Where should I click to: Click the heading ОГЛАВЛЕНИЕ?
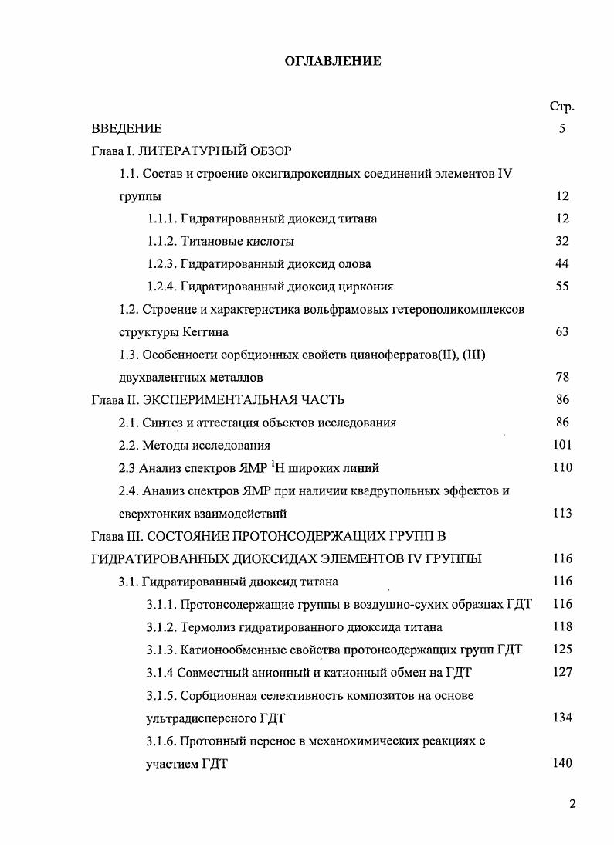334,60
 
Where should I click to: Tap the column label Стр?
561,106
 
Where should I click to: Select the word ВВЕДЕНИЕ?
127,128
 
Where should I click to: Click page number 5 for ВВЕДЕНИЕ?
562,128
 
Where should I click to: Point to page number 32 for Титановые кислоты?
562,241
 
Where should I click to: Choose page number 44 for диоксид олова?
562,263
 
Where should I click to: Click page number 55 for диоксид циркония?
562,287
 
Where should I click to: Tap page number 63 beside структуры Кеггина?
562,331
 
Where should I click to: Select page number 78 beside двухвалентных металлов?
562,377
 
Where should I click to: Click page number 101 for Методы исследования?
562,445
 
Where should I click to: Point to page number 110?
562,467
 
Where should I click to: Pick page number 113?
562,513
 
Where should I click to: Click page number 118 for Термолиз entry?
562,626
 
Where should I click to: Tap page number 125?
562,649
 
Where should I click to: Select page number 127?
562,672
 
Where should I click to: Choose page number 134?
562,718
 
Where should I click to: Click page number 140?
562,763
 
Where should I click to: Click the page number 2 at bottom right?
572,803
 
